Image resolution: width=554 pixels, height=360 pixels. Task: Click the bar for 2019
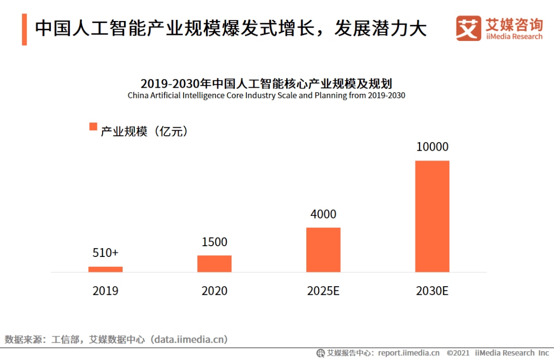tap(105, 269)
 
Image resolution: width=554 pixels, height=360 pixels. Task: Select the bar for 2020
tap(214, 264)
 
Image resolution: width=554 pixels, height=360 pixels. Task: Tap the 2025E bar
tap(323, 250)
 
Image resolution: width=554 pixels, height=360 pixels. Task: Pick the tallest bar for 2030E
tap(432, 216)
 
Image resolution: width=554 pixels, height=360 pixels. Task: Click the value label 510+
tap(105, 253)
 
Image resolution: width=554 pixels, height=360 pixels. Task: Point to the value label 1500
tap(214, 242)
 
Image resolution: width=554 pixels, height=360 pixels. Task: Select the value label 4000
tap(323, 214)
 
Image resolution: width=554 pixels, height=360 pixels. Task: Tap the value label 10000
tap(432, 147)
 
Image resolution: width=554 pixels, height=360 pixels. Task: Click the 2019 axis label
tap(105, 291)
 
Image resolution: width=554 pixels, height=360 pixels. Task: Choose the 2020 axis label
tap(214, 291)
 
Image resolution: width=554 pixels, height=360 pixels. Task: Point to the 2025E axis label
tap(323, 291)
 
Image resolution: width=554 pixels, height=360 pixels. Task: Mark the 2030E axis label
tap(432, 291)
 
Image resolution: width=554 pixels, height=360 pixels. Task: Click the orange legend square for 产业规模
tap(93, 127)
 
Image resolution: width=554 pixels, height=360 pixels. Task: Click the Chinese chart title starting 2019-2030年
tap(266, 84)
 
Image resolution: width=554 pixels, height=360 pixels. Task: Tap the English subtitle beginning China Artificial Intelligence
tap(266, 95)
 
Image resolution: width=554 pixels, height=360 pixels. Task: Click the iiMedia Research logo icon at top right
tap(468, 28)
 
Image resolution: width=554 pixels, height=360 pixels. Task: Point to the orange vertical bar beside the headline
tap(24, 30)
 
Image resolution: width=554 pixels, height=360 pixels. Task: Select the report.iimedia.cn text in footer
tap(408, 353)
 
